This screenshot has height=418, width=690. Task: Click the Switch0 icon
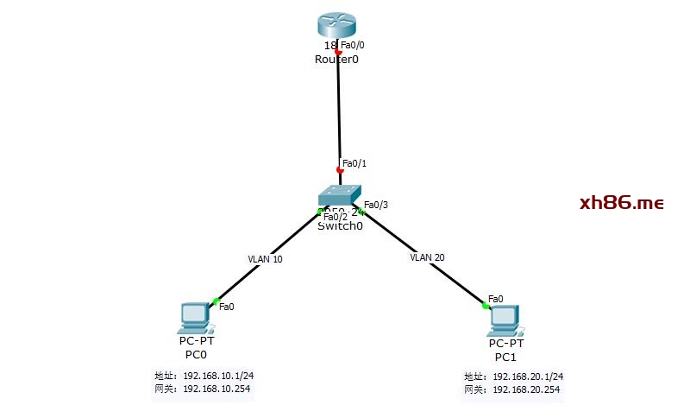pyautogui.click(x=339, y=196)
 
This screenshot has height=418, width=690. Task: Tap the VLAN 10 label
pyautogui.click(x=265, y=258)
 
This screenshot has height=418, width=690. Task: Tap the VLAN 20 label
pyautogui.click(x=427, y=257)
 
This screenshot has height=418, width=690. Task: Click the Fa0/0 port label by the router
pyautogui.click(x=353, y=45)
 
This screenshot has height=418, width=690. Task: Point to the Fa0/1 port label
pyautogui.click(x=354, y=163)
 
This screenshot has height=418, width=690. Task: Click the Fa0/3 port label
pyautogui.click(x=376, y=205)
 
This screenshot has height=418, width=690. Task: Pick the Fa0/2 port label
pyautogui.click(x=336, y=217)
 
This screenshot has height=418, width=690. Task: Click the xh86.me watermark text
pyautogui.click(x=621, y=203)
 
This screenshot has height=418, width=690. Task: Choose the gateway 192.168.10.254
pyautogui.click(x=215, y=389)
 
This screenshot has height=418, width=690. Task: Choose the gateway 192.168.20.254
pyautogui.click(x=526, y=390)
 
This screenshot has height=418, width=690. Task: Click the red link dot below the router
pyautogui.click(x=338, y=53)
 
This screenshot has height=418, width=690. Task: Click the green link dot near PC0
pyautogui.click(x=216, y=301)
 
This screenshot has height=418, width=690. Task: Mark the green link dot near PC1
pyautogui.click(x=485, y=303)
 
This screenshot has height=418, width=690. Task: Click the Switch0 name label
pyautogui.click(x=340, y=226)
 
